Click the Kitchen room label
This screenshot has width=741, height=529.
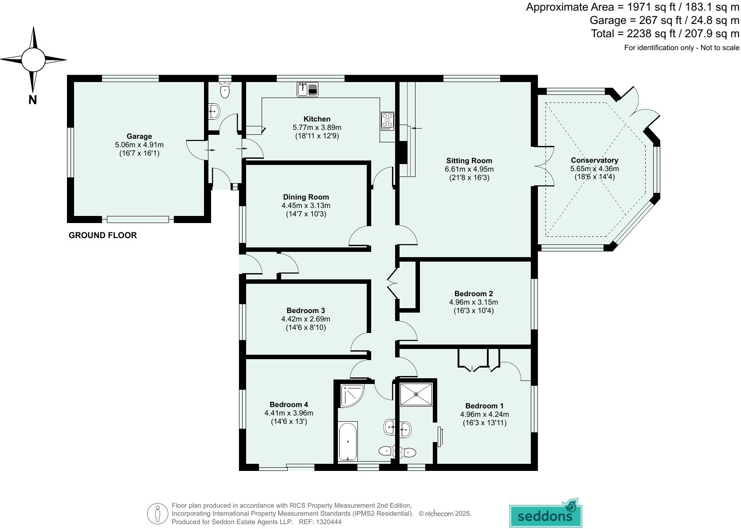click(317, 119)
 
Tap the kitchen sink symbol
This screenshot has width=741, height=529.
click(308, 90)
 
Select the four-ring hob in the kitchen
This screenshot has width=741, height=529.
click(387, 121)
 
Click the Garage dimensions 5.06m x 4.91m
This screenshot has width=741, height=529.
click(139, 145)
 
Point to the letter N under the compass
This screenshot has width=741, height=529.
click(32, 100)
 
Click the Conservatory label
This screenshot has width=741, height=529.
click(594, 160)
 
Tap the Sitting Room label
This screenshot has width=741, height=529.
click(469, 161)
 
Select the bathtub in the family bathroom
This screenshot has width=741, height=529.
click(348, 441)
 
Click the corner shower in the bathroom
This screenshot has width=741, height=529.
click(351, 396)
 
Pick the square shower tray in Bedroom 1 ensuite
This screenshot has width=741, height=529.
click(416, 394)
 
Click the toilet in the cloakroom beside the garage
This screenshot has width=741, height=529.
click(225, 91)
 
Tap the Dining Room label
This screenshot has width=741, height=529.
click(306, 197)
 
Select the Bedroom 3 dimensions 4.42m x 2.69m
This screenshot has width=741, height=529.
click(306, 319)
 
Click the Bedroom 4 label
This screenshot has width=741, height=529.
click(289, 404)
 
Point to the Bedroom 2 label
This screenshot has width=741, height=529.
click(473, 294)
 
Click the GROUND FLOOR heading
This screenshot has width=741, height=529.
click(102, 235)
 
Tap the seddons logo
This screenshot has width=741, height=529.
click(545, 514)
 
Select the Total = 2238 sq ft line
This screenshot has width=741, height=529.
click(665, 34)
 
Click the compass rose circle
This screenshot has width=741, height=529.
click(33, 59)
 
